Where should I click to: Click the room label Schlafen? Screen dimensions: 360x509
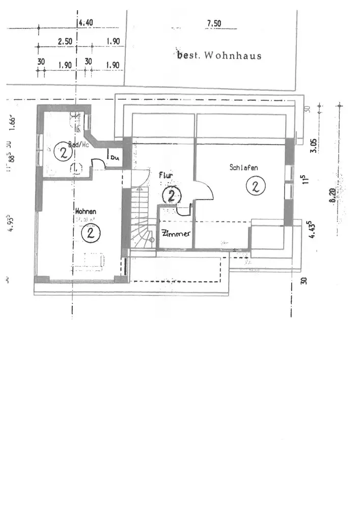pyautogui.click(x=243, y=167)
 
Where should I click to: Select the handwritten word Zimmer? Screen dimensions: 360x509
pyautogui.click(x=176, y=234)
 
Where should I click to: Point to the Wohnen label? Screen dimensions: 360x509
pyautogui.click(x=86, y=211)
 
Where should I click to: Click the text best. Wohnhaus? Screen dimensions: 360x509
pyautogui.click(x=219, y=55)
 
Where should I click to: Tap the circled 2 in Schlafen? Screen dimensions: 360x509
pyautogui.click(x=255, y=186)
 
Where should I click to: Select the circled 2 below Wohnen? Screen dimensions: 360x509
pyautogui.click(x=91, y=233)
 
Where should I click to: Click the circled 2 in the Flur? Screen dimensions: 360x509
pyautogui.click(x=172, y=195)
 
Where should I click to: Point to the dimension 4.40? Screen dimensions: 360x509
pyautogui.click(x=85, y=23)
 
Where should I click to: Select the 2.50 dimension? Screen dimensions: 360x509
pyautogui.click(x=65, y=42)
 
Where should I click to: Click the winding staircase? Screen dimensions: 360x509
pyautogui.click(x=141, y=219)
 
